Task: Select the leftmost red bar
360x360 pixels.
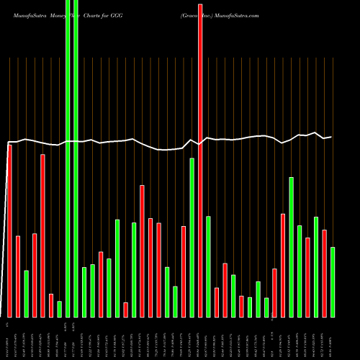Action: coord(10,230)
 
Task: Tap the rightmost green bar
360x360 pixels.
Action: coord(333,282)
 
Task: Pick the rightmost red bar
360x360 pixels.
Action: coord(325,273)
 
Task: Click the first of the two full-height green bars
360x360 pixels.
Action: coord(68,158)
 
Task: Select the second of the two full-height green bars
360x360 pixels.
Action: coord(76,158)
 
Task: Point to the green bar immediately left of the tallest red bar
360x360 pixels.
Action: coord(192,238)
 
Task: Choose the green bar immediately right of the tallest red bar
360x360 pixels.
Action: coord(208,266)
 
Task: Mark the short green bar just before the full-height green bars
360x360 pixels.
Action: coord(60,309)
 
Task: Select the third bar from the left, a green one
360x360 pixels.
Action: coord(27,293)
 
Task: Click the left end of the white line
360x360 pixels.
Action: coord(8,142)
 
